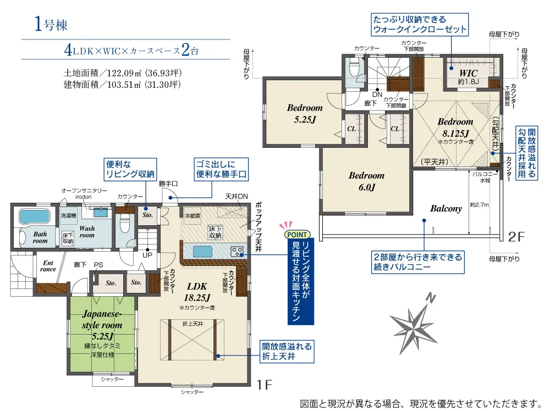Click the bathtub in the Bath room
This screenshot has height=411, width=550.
34,216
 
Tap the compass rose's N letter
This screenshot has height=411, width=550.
431,298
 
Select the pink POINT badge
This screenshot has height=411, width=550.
297,235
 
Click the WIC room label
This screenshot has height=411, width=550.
468,73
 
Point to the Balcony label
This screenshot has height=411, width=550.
446,208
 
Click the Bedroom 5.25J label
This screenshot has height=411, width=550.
305,114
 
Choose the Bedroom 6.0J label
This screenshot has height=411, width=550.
366,181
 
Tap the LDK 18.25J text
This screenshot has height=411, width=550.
197,292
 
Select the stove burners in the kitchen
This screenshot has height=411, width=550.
237,251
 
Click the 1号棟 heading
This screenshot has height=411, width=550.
51,24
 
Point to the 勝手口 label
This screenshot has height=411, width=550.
168,184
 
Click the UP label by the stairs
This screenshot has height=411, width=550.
147,255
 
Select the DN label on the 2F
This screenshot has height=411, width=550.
377,95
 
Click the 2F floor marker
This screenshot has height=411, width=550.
516,237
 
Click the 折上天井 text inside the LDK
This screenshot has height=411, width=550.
193,324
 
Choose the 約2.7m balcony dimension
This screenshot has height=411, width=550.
480,204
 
